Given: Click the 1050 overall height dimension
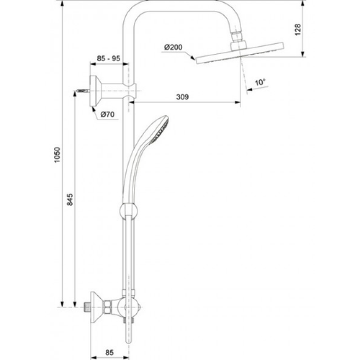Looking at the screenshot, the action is point(57,155).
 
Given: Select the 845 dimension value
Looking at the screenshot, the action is point(70,199).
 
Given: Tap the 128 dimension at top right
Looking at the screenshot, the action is point(298,29).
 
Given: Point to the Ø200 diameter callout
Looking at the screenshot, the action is point(173,47).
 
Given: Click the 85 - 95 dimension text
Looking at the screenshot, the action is point(108,58).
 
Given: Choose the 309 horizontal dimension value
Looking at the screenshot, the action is point(183,97).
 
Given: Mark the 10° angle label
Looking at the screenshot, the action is point(260,82).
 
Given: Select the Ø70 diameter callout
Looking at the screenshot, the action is point(107,114).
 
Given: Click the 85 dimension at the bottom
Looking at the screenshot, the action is point(109,352).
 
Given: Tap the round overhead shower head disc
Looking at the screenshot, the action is point(240,53).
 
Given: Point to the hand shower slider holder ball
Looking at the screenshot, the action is point(129,210).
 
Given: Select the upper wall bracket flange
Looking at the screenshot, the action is point(94,91).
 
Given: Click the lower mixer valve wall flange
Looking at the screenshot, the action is point(95,307).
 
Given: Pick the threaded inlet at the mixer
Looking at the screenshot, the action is point(87,307).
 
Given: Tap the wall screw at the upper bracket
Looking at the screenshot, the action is point(82,91).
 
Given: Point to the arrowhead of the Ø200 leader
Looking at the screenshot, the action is point(193,58).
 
